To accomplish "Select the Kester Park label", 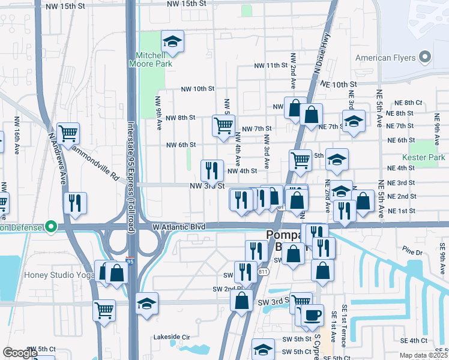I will (x=427, y=157).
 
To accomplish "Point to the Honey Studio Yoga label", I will (x=47, y=275).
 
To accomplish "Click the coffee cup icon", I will (x=312, y=315).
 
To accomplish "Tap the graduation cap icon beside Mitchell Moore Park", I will (x=172, y=41).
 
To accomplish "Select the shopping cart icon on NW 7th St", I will (x=223, y=126).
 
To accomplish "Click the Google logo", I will (x=20, y=352).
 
